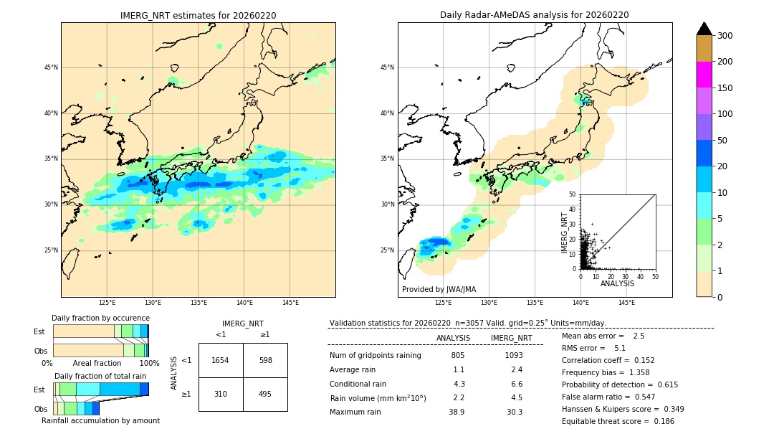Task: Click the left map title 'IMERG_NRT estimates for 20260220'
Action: [198, 15]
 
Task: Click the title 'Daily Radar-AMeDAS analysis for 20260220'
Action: [535, 15]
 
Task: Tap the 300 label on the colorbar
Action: [725, 36]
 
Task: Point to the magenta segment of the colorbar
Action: [704, 75]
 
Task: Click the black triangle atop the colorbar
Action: [704, 29]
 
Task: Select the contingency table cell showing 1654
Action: [221, 360]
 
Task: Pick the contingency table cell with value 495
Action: [265, 394]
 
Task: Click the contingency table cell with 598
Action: [265, 360]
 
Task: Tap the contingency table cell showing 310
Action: [221, 394]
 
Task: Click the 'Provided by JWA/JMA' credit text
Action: [439, 289]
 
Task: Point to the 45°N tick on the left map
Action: [51, 67]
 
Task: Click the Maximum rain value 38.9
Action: [457, 412]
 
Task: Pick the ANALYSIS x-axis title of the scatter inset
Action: [617, 284]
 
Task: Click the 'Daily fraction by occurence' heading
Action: [100, 318]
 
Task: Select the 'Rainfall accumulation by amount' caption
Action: [100, 420]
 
